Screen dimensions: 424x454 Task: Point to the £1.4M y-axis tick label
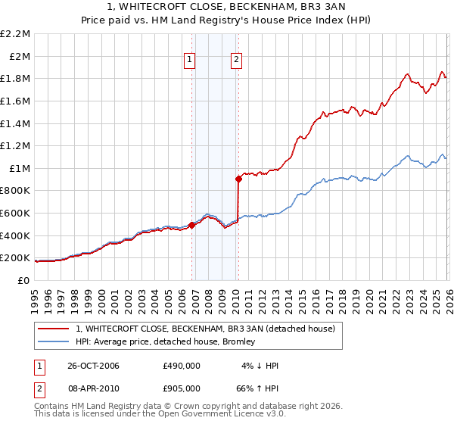point(17,123)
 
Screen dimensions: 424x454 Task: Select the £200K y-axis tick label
point(17,258)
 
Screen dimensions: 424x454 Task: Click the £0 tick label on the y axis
point(23,281)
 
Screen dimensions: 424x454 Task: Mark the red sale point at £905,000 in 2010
point(238,179)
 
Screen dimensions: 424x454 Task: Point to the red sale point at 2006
point(192,225)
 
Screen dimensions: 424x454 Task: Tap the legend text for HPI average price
point(165,342)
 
